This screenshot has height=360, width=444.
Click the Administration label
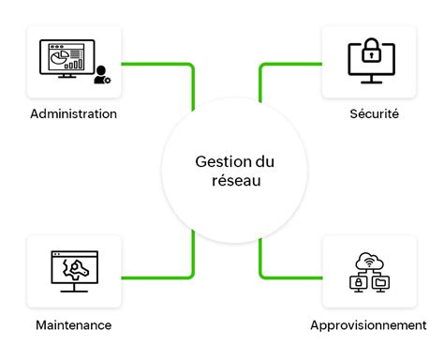pyautogui.click(x=73, y=114)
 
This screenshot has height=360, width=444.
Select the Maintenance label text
pyautogui.click(x=73, y=324)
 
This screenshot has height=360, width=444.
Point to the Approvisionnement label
pyautogui.click(x=368, y=324)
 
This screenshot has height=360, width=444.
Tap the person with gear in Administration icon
pyautogui.click(x=101, y=76)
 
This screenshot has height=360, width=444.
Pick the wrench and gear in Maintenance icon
pyautogui.click(x=73, y=270)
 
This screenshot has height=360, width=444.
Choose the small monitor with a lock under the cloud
pyautogui.click(x=357, y=281)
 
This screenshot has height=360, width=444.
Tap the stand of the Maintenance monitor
pyautogui.click(x=73, y=288)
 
